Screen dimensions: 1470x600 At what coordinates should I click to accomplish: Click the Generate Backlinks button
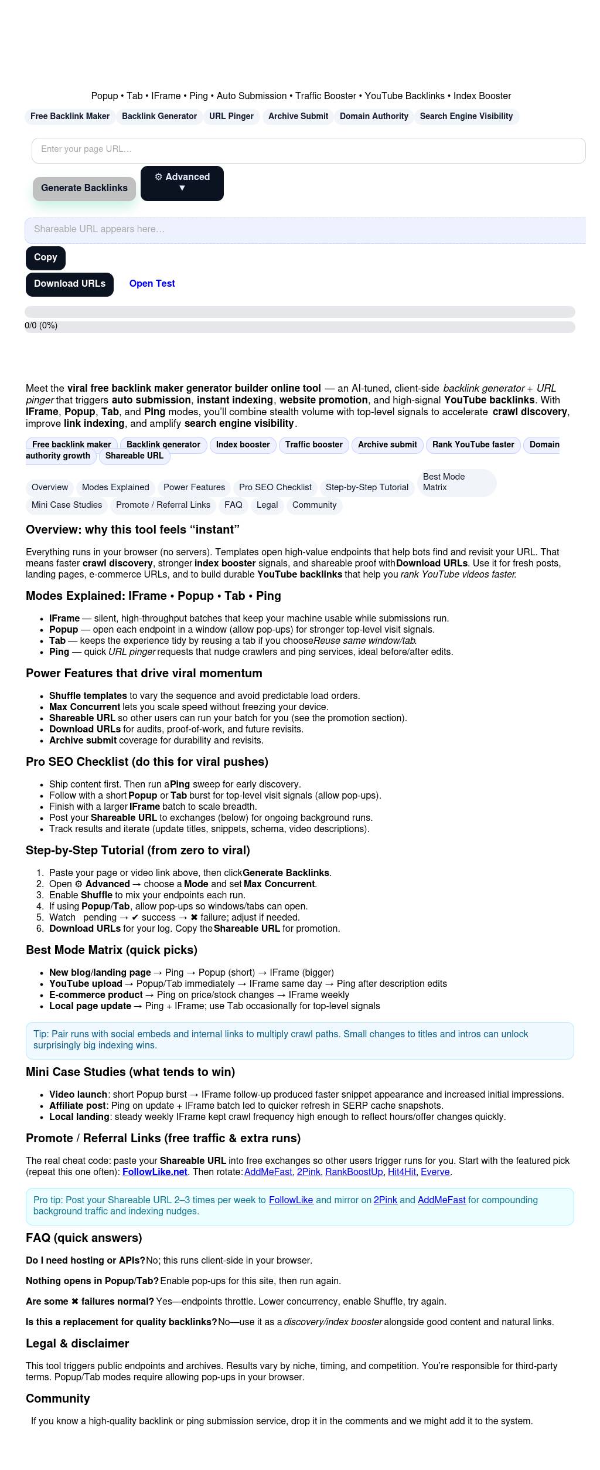[84, 188]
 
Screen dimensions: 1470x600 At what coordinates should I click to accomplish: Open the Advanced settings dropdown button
[182, 183]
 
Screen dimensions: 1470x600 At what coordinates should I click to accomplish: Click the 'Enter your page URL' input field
[308, 150]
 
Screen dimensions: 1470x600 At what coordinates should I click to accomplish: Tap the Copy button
[45, 257]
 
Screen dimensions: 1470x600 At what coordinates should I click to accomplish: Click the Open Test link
[152, 284]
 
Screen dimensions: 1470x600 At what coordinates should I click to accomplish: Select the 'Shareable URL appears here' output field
[305, 230]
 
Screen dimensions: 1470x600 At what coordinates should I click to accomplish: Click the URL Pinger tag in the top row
[231, 117]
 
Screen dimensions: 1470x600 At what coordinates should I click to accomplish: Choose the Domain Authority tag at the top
[374, 117]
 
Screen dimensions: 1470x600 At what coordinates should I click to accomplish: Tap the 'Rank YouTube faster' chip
[473, 445]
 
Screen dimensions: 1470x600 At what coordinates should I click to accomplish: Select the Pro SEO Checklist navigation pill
[275, 488]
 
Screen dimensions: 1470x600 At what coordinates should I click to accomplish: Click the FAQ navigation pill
[233, 505]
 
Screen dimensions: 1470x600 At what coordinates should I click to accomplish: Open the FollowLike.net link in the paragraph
[155, 1172]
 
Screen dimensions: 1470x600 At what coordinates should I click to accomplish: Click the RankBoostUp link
[353, 1172]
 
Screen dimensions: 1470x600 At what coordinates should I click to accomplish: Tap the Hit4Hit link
[401, 1172]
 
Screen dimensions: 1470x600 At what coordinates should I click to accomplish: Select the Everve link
[435, 1172]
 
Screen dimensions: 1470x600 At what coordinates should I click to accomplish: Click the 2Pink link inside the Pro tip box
[385, 1200]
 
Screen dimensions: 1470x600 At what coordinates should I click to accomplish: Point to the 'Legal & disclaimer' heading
[77, 1344]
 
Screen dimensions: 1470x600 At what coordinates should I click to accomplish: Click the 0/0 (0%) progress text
[41, 326]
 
